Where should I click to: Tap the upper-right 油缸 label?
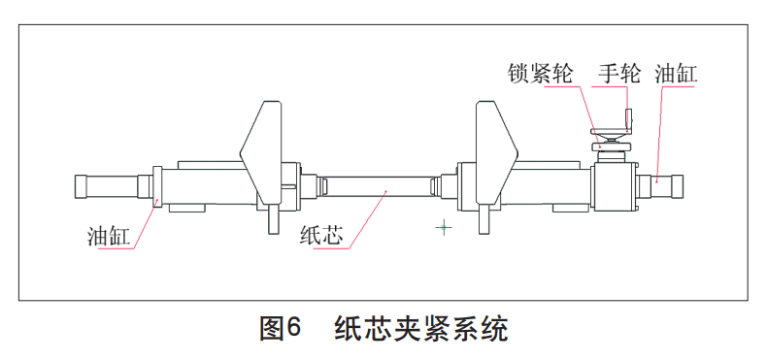tap(677, 74)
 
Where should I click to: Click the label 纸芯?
tap(317, 236)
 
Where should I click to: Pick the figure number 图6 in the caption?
tap(283, 329)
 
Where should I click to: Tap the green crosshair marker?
tap(444, 228)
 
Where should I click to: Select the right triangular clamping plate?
tap(496, 146)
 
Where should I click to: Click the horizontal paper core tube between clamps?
tap(379, 184)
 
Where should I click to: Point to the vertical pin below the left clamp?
tap(271, 218)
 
